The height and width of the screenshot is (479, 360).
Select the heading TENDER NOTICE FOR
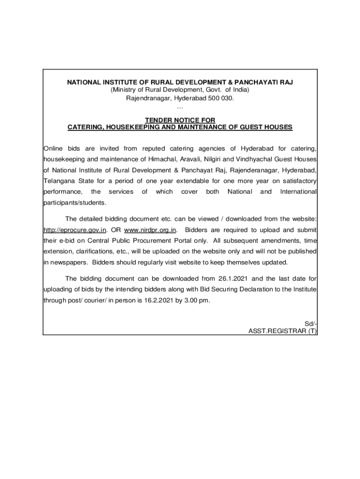(x=180, y=120)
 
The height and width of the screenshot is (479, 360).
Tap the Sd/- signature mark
(x=311, y=324)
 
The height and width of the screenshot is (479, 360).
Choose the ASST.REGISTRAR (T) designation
(x=283, y=331)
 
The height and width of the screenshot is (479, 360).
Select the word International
(x=298, y=192)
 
